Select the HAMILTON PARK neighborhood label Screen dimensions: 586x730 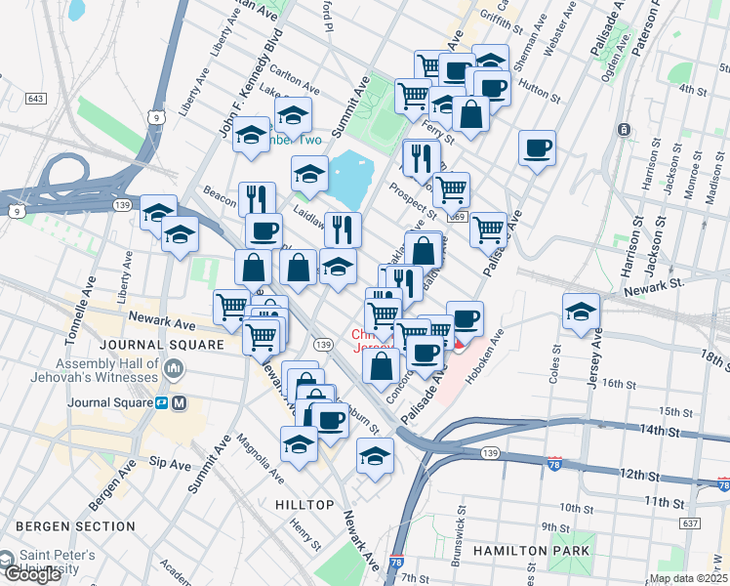point(531,551)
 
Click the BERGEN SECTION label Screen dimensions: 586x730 point(75,526)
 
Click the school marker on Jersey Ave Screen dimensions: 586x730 point(582,311)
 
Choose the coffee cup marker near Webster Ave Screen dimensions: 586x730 point(537,148)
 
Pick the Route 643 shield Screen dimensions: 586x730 point(36,99)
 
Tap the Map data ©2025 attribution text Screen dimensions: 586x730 point(689,578)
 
